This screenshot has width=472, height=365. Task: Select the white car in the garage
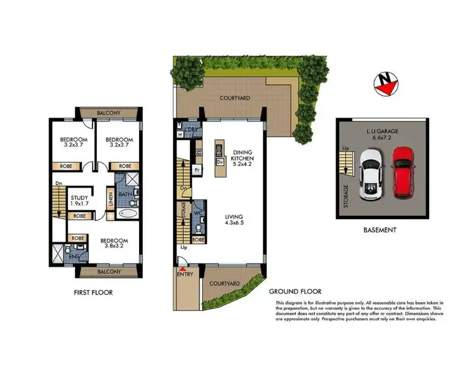coord(371,174)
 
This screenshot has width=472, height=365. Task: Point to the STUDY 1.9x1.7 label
coord(79,202)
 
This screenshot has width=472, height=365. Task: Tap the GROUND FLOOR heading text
coord(295,291)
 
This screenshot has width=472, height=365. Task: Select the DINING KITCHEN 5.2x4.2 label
coord(242,157)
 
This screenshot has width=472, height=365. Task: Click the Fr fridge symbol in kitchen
coord(197,169)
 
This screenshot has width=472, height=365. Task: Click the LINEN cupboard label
coord(110,201)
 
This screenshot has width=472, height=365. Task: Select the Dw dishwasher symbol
coord(220,162)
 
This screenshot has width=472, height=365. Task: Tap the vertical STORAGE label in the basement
coord(345,195)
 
